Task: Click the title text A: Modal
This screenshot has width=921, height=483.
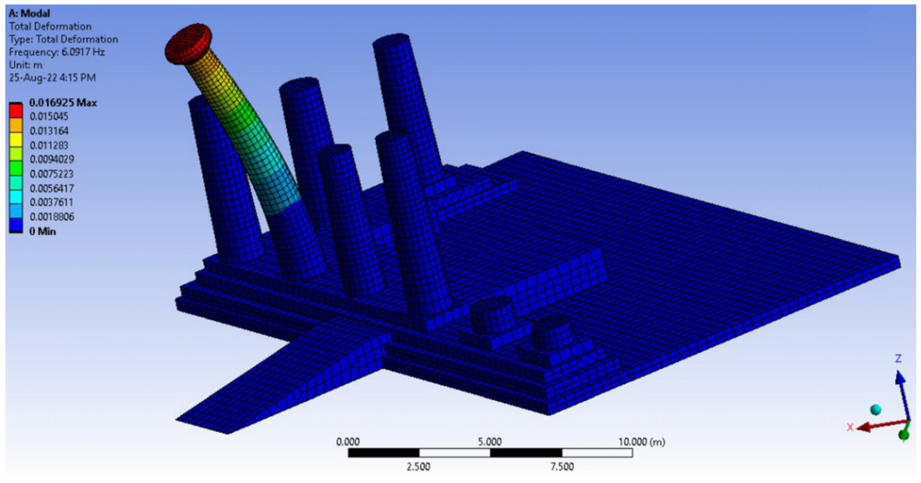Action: [29, 14]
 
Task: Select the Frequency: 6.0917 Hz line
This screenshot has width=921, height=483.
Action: [57, 52]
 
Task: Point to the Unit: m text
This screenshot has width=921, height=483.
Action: [25, 65]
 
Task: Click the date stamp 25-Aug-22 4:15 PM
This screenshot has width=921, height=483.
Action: [52, 78]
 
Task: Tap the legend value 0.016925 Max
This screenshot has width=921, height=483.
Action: [63, 103]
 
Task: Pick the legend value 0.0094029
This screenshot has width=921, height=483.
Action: [52, 160]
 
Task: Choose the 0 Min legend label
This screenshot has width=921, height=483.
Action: [43, 231]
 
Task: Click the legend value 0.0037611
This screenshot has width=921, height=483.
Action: [52, 202]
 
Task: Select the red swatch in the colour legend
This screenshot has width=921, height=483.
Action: [16, 111]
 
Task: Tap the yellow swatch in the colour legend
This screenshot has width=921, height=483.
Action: [16, 139]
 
